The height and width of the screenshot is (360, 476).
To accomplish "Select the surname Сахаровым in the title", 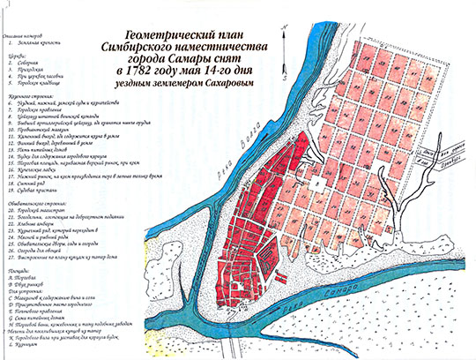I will point(233,81).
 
